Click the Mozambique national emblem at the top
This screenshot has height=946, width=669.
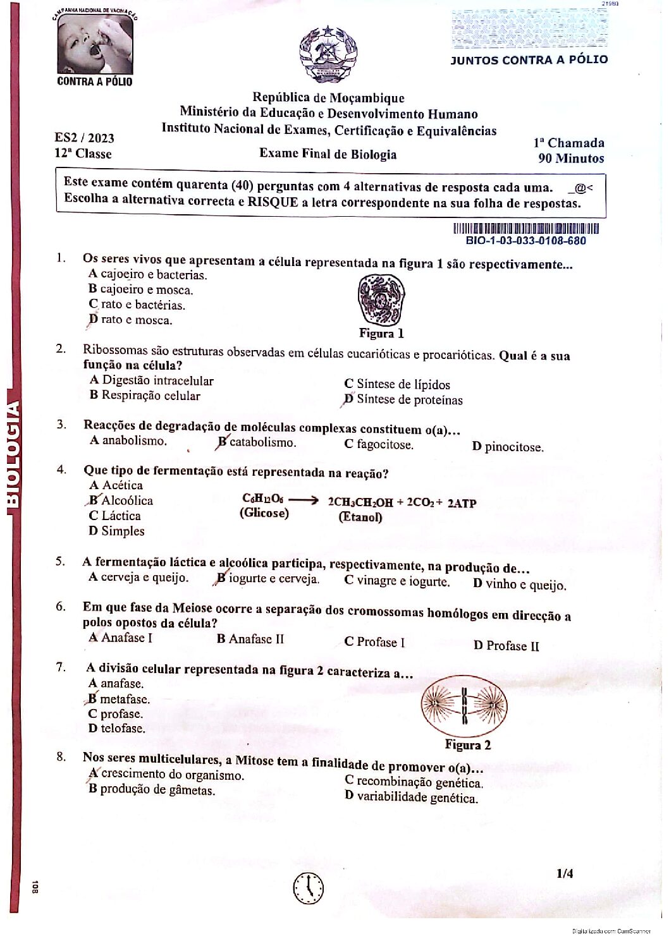(328, 55)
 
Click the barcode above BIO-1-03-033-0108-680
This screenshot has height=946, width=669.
(525, 229)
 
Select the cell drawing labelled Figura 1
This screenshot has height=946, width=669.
(381, 299)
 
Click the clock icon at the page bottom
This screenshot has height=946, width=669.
(309, 888)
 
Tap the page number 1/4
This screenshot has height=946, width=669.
(565, 873)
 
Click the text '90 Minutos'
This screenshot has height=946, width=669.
(570, 159)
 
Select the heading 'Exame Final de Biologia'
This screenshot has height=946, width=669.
(328, 154)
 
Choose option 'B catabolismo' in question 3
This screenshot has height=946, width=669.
(257, 442)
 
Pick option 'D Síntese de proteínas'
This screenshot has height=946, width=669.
(403, 399)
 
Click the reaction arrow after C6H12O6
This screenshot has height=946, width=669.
(304, 500)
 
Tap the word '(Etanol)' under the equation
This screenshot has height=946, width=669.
(360, 517)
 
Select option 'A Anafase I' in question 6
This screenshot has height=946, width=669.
(121, 638)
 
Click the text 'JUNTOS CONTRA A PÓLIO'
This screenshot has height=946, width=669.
(529, 60)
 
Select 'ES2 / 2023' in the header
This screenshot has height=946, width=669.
(84, 138)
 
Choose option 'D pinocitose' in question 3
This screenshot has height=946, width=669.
(508, 447)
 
